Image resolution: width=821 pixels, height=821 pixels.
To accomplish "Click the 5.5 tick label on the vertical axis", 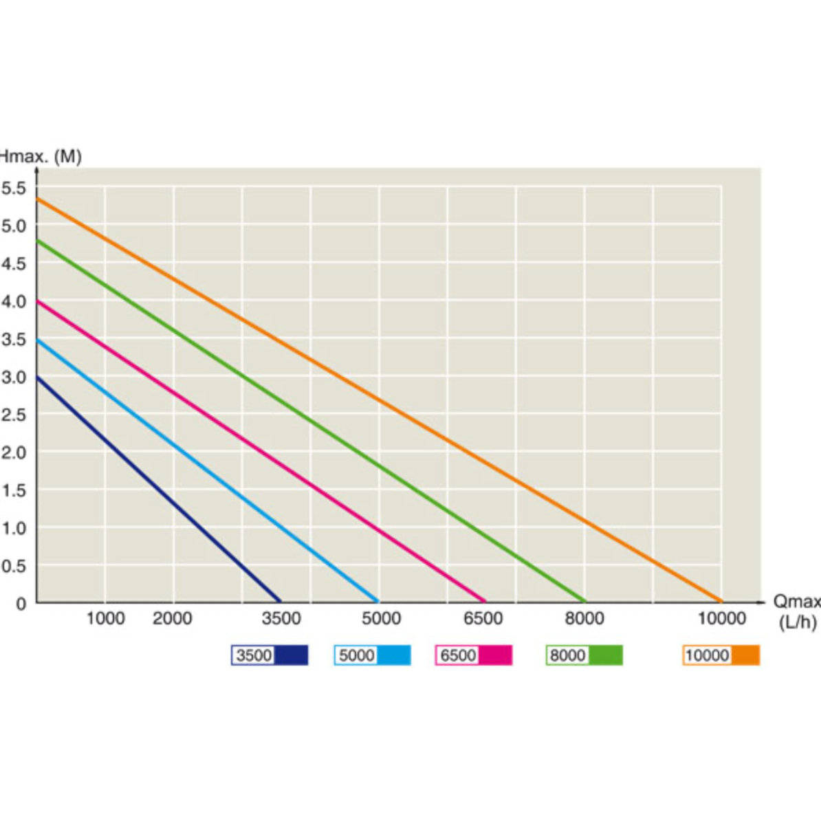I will point(13,188).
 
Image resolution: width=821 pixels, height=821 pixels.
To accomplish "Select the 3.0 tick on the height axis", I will point(13,377).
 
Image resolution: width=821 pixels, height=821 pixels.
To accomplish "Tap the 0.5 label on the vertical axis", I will point(13,566).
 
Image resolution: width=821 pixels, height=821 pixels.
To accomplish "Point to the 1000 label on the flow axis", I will point(105,619).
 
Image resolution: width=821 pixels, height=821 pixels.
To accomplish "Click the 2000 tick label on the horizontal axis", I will point(172,619).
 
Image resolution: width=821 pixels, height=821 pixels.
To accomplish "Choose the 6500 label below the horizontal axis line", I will point(483,619).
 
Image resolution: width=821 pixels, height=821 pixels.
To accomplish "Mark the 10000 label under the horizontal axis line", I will point(721,619).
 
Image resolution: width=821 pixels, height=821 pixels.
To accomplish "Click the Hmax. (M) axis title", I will point(40,157).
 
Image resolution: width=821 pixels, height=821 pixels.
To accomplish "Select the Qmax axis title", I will point(796,602).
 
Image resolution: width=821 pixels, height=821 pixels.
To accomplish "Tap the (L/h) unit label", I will point(798,622).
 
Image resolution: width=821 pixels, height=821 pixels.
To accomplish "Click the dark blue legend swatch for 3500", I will point(291,655).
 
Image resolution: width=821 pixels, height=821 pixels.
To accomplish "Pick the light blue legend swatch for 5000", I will point(393,655).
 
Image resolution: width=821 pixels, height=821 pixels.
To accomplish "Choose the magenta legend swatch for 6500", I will point(495,655).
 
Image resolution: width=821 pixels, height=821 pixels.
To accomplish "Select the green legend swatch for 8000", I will point(605,655).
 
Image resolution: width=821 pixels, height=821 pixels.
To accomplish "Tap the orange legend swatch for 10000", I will point(745,655).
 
